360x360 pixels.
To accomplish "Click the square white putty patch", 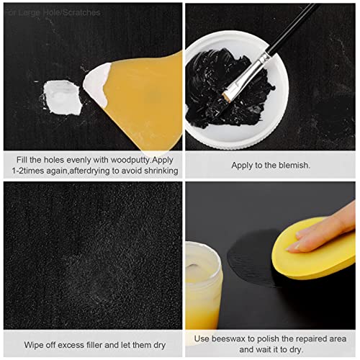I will click(61, 93).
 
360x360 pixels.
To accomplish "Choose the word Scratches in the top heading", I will click(79, 12).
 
